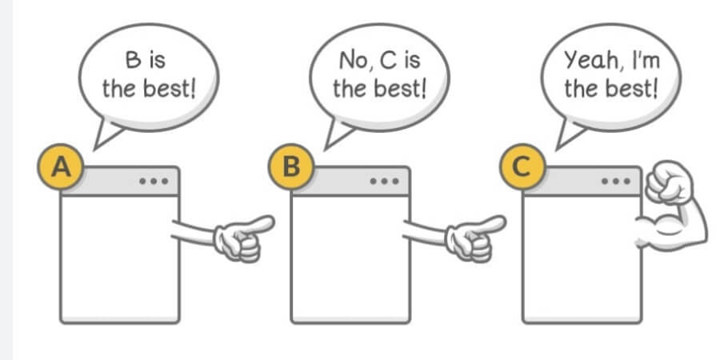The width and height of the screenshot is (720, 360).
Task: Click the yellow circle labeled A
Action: tap(61, 166)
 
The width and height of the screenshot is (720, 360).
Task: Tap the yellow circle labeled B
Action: tap(291, 166)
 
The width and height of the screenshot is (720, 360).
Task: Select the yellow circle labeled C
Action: tap(522, 166)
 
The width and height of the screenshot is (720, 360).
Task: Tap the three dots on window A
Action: tap(154, 181)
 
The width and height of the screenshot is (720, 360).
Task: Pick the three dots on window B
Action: tap(384, 181)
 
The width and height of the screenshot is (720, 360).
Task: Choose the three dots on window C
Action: tap(616, 181)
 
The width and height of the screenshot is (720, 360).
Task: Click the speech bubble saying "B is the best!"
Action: tap(148, 78)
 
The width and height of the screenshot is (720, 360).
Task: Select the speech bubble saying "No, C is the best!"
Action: tap(379, 78)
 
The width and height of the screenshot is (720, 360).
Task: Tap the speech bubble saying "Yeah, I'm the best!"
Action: tap(610, 78)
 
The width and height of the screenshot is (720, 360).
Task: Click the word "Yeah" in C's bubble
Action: tap(592, 60)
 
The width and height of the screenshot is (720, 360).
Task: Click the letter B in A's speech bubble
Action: tap(133, 60)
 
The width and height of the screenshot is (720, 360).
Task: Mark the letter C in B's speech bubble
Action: tap(388, 60)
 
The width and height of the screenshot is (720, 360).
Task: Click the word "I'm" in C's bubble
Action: tap(646, 60)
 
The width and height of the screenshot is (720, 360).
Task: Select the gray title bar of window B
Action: tap(350, 181)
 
